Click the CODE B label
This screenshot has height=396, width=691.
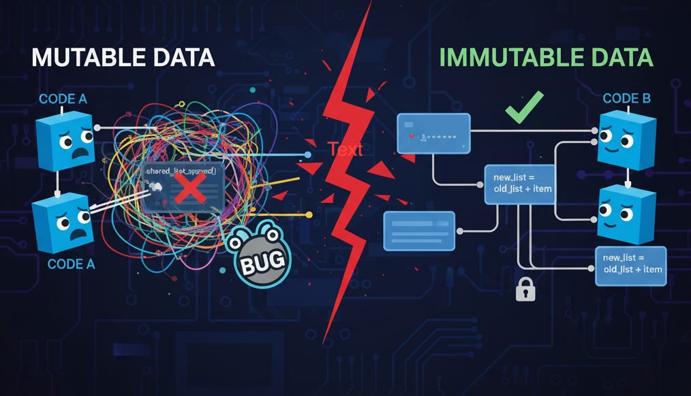pyautogui.click(x=626, y=99)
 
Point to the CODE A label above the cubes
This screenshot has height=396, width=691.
pyautogui.click(x=63, y=99)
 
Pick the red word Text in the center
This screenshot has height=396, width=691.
pyautogui.click(x=345, y=150)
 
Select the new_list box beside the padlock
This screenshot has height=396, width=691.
pyautogui.click(x=630, y=265)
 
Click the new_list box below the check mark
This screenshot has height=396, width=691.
pyautogui.click(x=520, y=184)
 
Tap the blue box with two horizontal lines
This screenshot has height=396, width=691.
pyautogui.click(x=419, y=230)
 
